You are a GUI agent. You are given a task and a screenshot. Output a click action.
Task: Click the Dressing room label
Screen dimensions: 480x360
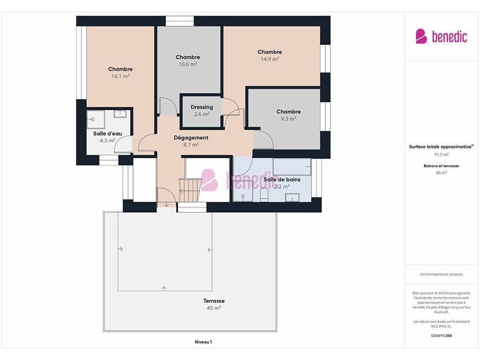coord(202,107)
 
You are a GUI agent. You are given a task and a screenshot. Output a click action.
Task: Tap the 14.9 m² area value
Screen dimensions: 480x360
coord(270,59)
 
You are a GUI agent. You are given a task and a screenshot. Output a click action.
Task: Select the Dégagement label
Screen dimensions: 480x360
coord(191,138)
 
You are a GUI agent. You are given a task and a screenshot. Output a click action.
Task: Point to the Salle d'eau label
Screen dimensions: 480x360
coord(107,134)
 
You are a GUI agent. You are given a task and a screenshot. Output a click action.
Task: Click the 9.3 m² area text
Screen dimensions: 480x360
coord(288,119)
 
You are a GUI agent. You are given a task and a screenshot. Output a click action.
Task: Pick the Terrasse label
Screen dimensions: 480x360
coord(214,301)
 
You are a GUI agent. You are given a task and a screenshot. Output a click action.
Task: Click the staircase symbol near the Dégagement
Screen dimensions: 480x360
coord(190,190)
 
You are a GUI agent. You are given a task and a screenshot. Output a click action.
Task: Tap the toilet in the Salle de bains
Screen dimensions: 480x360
coord(264,195)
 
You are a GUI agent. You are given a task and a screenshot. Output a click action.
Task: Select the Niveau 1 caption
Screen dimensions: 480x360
coord(203,342)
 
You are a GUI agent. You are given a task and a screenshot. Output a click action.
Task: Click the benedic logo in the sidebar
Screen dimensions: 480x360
coord(441,37)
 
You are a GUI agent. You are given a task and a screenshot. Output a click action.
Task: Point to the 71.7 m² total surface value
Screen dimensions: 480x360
coord(441,155)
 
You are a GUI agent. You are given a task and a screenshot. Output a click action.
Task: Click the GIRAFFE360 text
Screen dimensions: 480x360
coord(441,336)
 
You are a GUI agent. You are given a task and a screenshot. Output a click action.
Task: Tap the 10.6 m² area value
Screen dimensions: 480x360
coord(188,64)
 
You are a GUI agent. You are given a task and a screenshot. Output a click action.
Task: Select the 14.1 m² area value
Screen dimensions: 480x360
coord(120,76)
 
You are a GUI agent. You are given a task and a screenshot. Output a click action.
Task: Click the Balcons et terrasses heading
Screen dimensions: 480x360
coord(441,166)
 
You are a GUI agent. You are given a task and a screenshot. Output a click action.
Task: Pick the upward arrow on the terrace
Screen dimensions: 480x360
coord(164,288)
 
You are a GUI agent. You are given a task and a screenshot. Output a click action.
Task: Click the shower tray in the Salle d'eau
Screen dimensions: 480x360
coord(96,120)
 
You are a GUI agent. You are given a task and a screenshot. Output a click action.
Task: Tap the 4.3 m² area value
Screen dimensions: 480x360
coord(107,141)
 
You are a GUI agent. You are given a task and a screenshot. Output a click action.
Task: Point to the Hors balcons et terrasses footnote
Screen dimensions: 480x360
coord(441,274)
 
